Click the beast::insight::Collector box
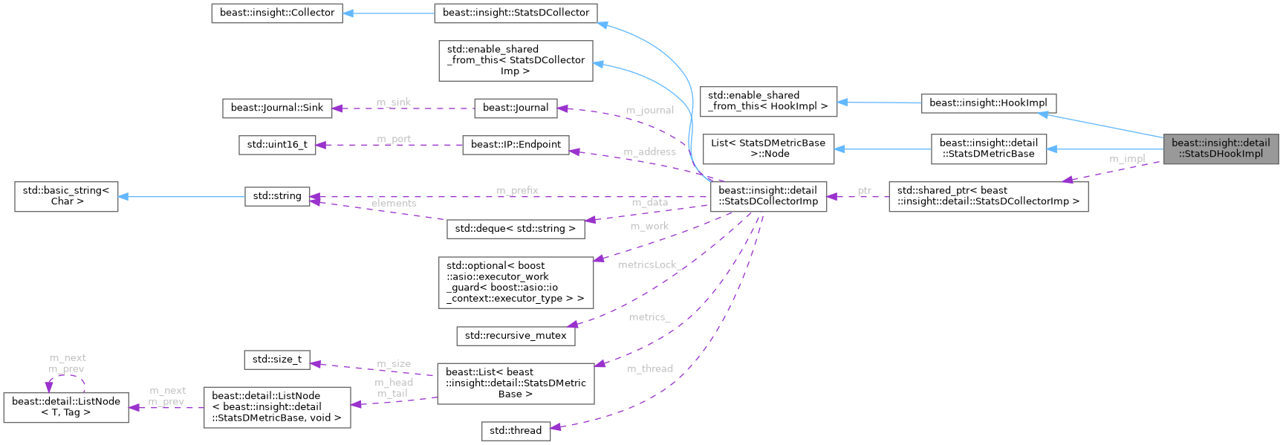[x=277, y=13]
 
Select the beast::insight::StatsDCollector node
[x=516, y=13]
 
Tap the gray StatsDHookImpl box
[x=1221, y=149]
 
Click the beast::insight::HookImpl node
[x=988, y=103]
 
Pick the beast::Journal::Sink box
[x=277, y=108]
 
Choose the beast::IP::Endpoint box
[x=516, y=144]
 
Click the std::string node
[x=277, y=196]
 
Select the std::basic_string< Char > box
[x=66, y=196]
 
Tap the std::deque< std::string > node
[x=516, y=228]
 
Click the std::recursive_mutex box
[x=516, y=336]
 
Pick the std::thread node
[x=516, y=431]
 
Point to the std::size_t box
[x=277, y=360]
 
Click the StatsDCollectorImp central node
[x=768, y=196]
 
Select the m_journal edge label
[x=649, y=110]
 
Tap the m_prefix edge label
[x=517, y=190]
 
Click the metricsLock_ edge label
[x=648, y=264]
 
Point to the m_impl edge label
[x=1127, y=158]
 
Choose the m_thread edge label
[x=650, y=368]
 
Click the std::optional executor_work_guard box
[x=516, y=282]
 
